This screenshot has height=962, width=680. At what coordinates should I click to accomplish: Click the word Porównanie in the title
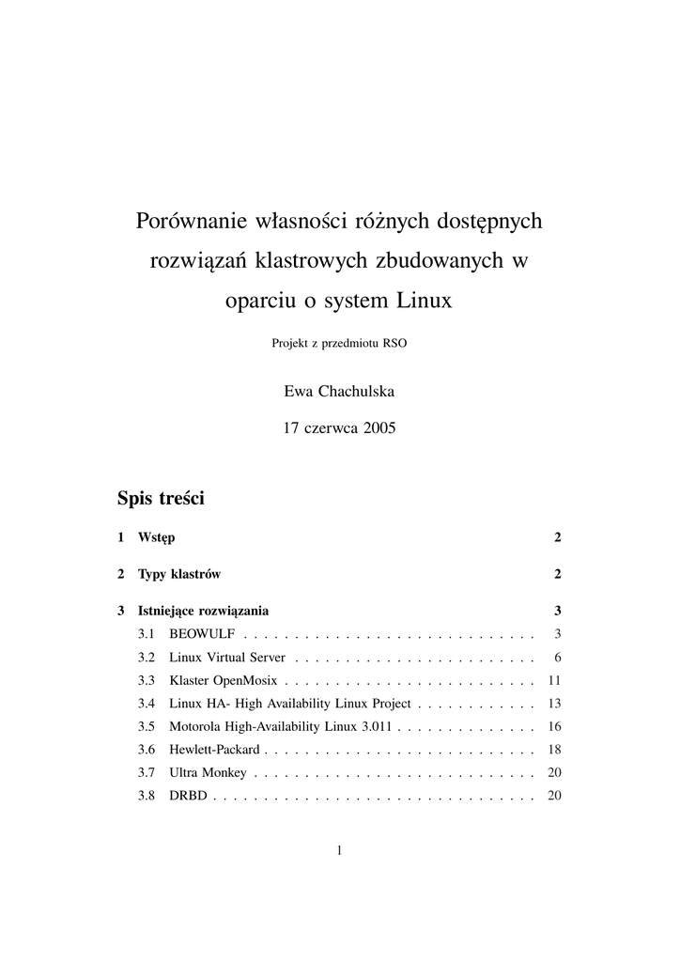coord(190,222)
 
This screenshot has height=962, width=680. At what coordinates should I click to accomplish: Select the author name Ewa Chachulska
coord(339,391)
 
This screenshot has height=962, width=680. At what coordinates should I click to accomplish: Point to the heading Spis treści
coord(161,498)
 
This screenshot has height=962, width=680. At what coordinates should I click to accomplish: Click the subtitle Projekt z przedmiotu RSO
coord(339,343)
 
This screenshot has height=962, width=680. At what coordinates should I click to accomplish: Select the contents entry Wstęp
coord(156,538)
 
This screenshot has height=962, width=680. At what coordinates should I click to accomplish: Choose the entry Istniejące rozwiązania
coord(203,610)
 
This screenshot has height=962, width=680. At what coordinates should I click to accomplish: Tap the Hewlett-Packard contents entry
coord(214,750)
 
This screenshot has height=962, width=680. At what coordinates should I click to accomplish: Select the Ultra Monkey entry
coord(208,773)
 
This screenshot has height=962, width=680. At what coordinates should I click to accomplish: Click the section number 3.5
coord(147,726)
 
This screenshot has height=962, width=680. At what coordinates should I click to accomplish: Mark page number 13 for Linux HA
coord(553,703)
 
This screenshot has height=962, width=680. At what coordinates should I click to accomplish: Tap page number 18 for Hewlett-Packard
coord(553,750)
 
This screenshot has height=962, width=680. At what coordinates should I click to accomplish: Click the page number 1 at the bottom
coord(339,851)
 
